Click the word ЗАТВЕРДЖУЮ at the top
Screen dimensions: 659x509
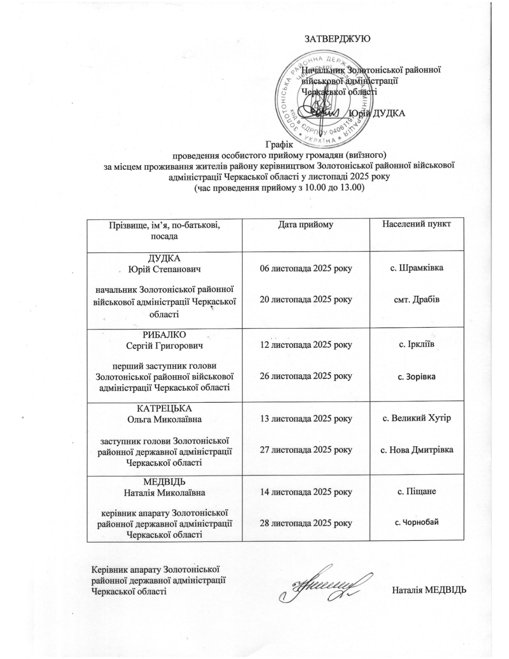coord(338,39)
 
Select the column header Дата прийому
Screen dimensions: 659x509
coord(306,225)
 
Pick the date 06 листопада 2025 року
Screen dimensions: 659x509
coord(306,268)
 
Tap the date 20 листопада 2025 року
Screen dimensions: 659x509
coord(306,299)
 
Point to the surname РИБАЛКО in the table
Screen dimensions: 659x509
coord(165,335)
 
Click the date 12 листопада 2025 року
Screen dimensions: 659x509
coord(306,345)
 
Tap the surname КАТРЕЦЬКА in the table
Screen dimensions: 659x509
coord(165,409)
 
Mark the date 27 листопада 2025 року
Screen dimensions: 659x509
coord(306,450)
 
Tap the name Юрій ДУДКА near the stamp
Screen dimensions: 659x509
coord(377,113)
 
